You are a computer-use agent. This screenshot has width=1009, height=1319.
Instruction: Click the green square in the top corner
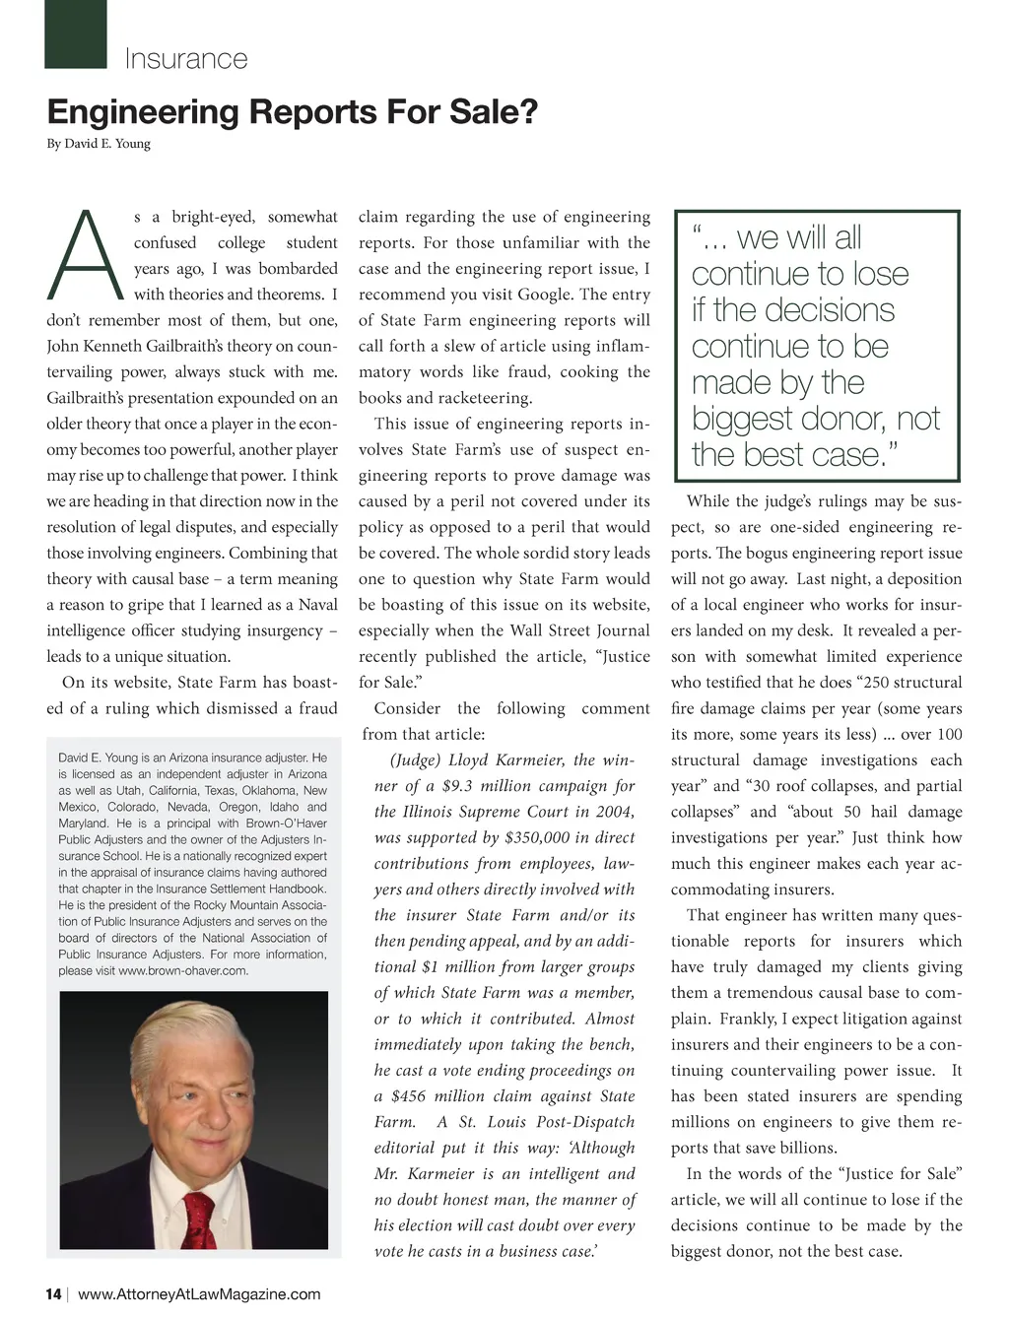(75, 34)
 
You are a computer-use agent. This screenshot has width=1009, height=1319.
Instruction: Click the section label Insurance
(185, 59)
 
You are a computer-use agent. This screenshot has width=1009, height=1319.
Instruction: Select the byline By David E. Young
(99, 144)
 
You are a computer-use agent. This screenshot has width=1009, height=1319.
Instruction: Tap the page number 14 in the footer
(53, 1293)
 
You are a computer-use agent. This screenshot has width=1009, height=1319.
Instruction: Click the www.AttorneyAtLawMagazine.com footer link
(199, 1293)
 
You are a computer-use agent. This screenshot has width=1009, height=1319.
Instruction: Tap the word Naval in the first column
(317, 605)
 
